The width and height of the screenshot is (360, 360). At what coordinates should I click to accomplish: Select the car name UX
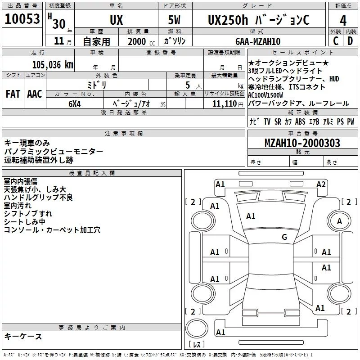(116, 20)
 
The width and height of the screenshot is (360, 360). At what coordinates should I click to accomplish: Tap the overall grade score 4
(343, 20)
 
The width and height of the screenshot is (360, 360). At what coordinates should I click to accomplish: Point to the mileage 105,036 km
(53, 65)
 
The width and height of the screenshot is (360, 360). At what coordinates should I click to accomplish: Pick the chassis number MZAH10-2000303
(302, 144)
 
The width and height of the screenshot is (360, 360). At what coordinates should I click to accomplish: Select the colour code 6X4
(75, 103)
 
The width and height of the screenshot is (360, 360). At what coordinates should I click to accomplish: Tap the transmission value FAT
(13, 94)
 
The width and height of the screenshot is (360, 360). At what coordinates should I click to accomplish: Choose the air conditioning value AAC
(35, 94)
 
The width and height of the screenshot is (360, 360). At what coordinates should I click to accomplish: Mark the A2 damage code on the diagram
(321, 184)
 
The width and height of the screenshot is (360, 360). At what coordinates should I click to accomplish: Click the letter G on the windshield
(284, 237)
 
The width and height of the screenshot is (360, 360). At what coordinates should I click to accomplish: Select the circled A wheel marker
(340, 221)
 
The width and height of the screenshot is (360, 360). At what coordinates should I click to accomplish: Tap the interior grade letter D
(350, 41)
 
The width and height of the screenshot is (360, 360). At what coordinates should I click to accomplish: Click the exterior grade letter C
(335, 41)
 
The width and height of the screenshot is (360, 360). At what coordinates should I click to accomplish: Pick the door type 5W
(175, 20)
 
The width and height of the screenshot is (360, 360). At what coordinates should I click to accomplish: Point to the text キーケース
(23, 336)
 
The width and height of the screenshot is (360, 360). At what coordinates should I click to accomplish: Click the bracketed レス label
(196, 345)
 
